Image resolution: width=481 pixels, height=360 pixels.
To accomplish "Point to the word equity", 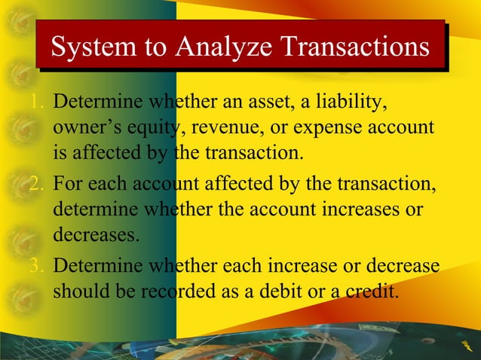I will point(149,129).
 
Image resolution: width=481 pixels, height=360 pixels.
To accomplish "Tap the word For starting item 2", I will point(69,184).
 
